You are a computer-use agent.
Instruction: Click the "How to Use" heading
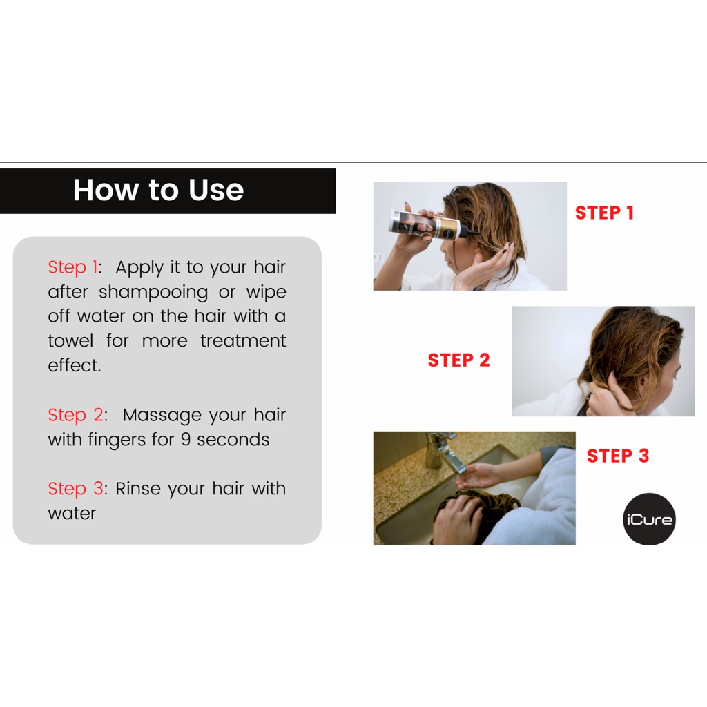[158, 190]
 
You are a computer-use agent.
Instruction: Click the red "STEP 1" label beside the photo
[605, 213]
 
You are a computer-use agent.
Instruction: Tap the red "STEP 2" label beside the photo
[458, 360]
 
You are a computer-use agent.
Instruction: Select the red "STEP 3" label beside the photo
[618, 456]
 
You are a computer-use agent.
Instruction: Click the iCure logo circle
[649, 519]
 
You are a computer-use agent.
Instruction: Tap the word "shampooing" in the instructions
[153, 293]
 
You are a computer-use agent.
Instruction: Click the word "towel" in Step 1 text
[71, 341]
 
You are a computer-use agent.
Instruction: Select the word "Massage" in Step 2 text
[162, 416]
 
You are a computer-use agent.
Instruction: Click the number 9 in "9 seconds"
[185, 440]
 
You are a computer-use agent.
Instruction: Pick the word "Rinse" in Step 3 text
[138, 489]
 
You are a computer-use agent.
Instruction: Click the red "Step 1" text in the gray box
[73, 267]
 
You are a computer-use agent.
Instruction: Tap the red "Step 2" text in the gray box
[76, 415]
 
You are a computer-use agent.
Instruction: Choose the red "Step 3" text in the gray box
[76, 489]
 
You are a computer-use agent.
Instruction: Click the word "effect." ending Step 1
[75, 365]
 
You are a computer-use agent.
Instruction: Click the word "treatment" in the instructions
[243, 341]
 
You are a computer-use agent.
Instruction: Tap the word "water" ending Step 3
[72, 514]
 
